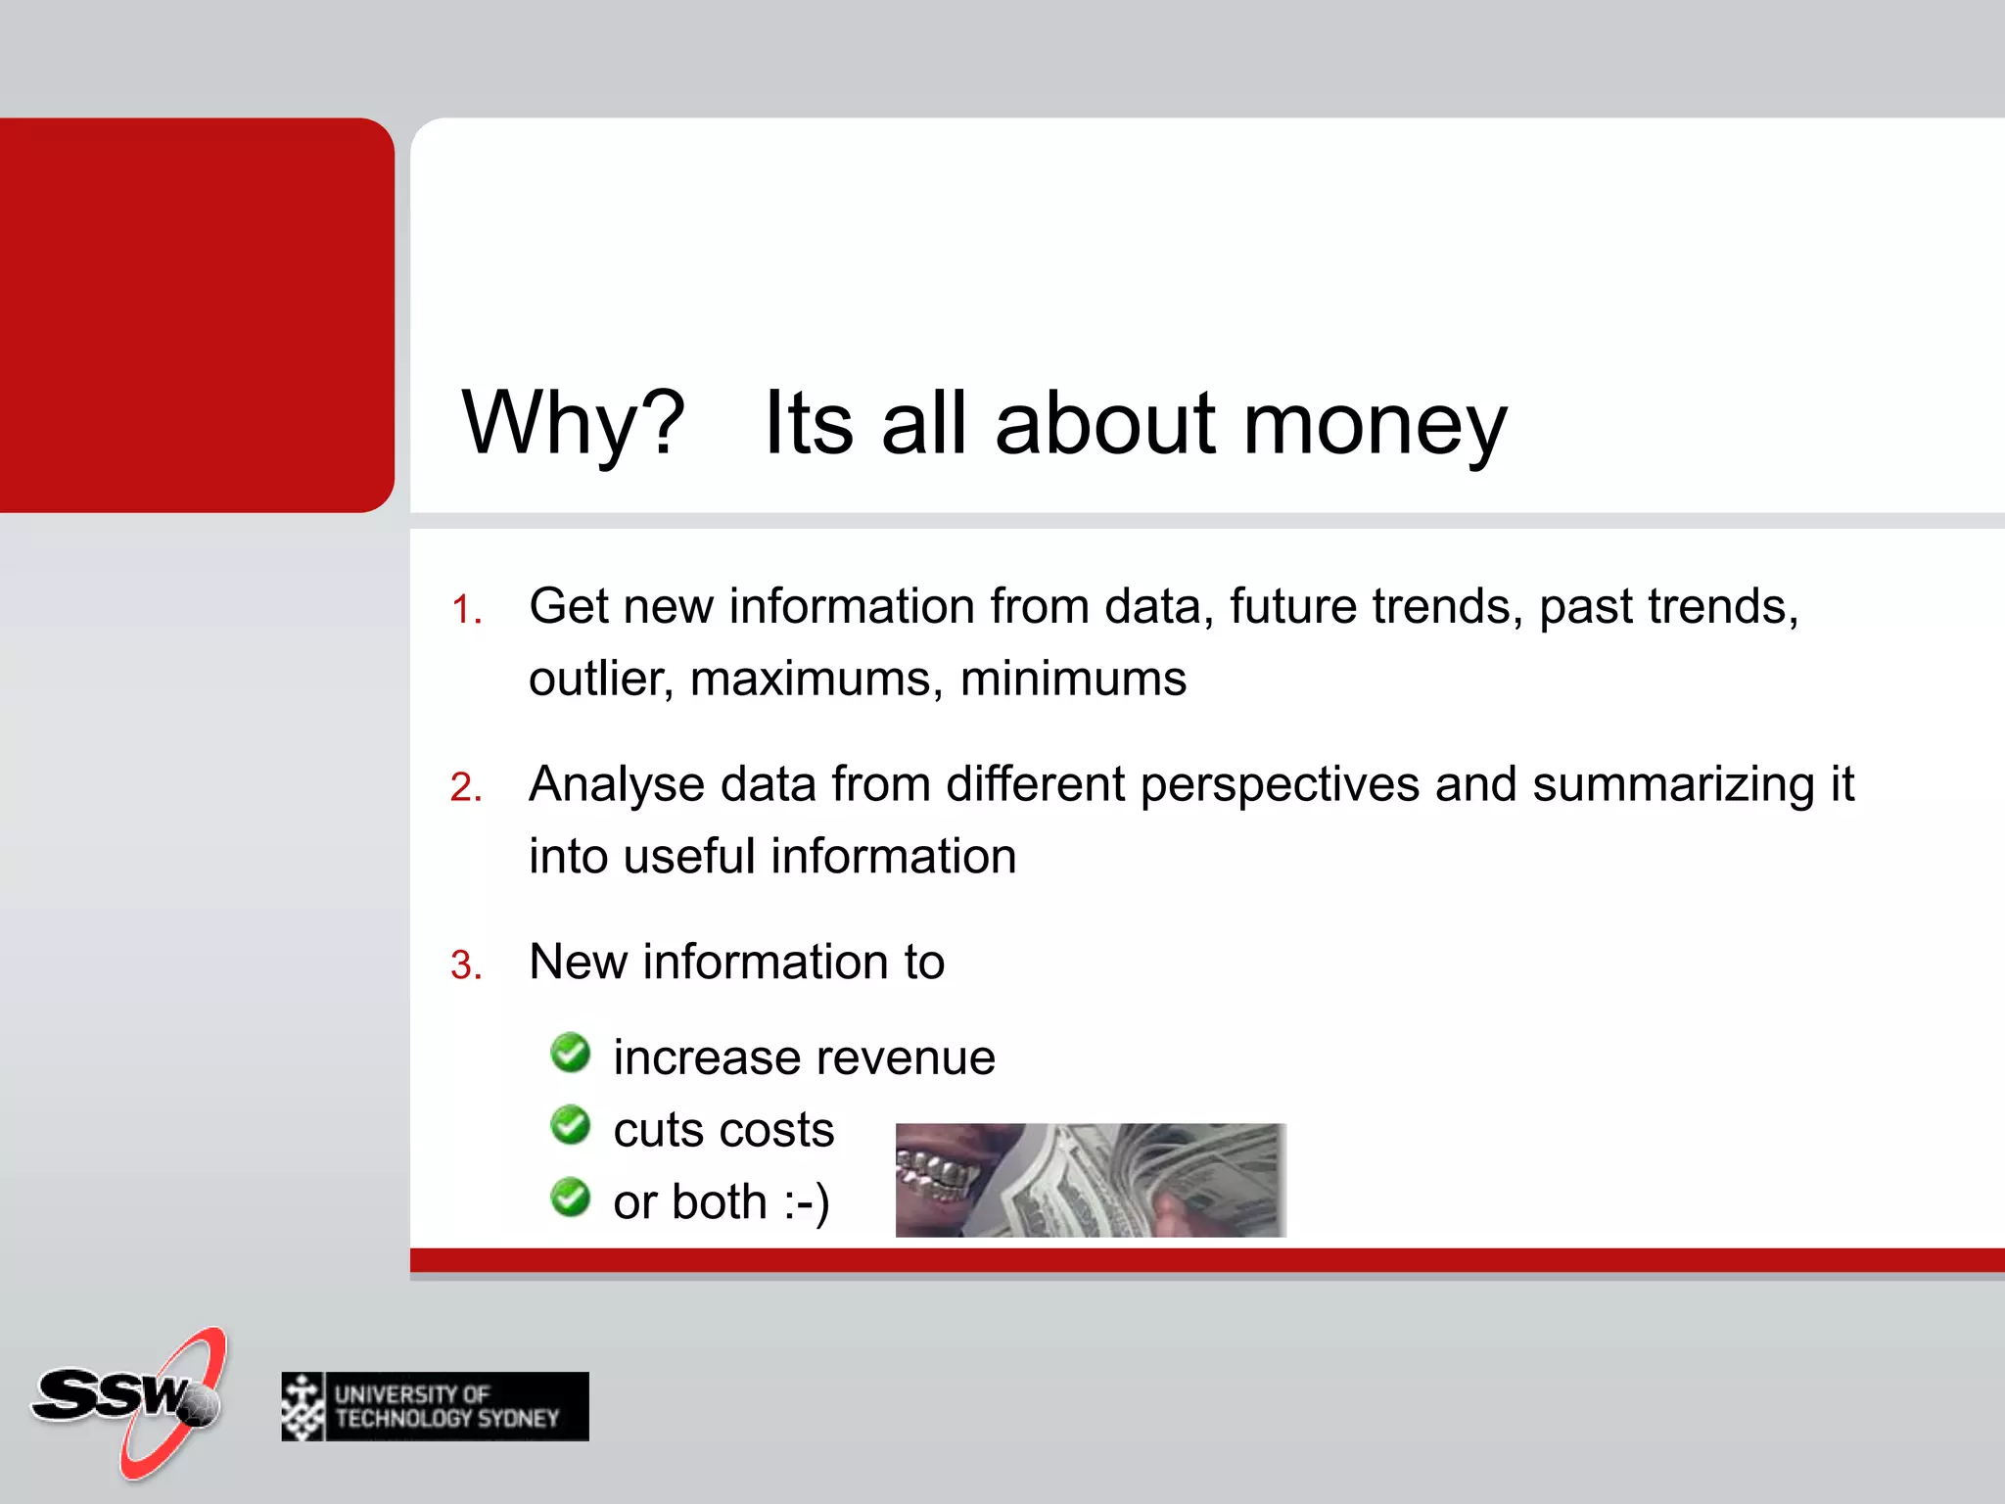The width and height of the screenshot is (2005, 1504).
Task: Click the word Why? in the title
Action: tap(573, 424)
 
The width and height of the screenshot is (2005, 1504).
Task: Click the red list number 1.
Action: tap(466, 610)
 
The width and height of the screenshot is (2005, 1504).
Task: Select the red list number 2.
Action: tap(466, 788)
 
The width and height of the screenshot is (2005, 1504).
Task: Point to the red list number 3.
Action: tap(466, 965)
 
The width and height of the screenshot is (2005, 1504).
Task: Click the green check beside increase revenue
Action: tap(570, 1054)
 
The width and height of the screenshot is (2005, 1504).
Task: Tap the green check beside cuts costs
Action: tap(570, 1126)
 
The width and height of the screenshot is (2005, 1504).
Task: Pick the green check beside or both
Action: tap(570, 1198)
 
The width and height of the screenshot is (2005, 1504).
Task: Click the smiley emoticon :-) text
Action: tap(806, 1202)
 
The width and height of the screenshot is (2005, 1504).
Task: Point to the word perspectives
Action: tap(1280, 785)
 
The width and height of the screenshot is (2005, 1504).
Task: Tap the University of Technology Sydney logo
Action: tap(435, 1406)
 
